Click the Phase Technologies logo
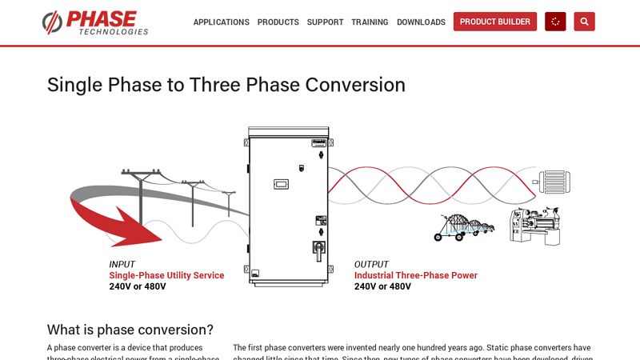[95, 22]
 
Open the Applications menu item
[221, 22]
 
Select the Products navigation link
[278, 22]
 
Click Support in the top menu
[325, 22]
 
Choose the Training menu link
[370, 22]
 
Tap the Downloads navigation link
[421, 22]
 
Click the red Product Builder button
[494, 22]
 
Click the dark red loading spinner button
[555, 22]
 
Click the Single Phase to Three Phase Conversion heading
[226, 85]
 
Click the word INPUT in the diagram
[122, 265]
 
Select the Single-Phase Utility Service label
[166, 275]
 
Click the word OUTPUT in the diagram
[371, 265]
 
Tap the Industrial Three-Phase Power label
[415, 275]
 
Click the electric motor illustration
[553, 182]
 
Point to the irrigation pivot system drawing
[464, 226]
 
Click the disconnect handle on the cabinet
[318, 250]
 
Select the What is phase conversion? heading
[130, 330]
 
